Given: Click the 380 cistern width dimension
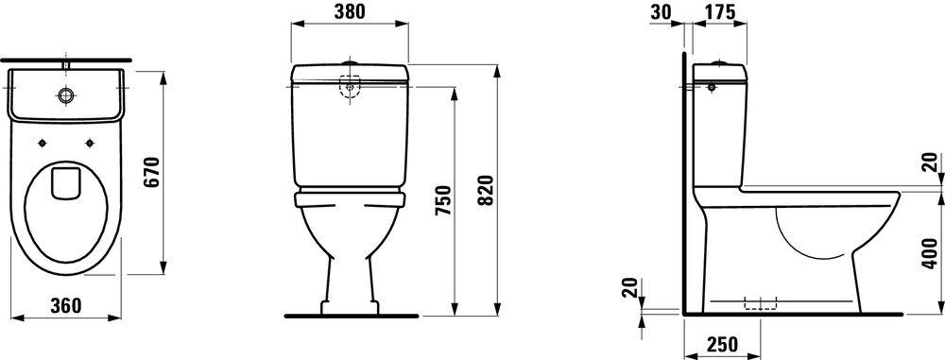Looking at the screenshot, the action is [x=350, y=11].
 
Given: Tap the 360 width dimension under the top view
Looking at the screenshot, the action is [x=65, y=306].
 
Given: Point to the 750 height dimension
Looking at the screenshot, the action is [x=443, y=201].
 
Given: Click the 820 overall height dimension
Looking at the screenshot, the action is [x=487, y=189].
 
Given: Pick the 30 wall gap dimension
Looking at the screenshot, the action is [x=661, y=11].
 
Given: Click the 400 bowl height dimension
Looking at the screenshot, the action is [x=931, y=253].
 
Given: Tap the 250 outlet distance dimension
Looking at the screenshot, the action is [x=721, y=344].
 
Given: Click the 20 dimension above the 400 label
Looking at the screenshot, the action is [x=931, y=163].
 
